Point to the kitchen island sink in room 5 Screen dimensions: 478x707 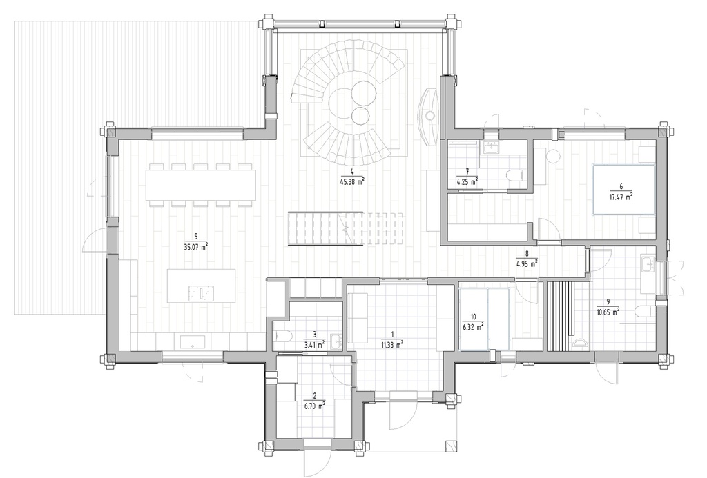[202, 293]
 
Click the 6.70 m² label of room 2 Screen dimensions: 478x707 [314, 406]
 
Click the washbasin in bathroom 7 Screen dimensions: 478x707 [492, 147]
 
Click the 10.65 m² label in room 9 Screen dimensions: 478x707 [608, 311]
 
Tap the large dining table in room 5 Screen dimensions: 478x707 [200, 185]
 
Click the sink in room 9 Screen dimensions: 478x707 [647, 263]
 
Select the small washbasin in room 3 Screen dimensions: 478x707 [335, 341]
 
